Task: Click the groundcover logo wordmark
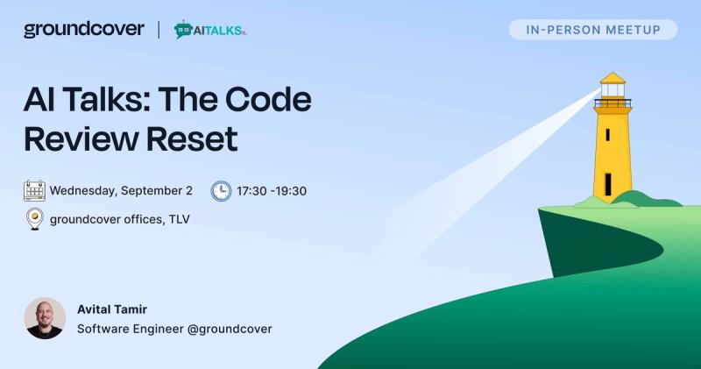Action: [x=84, y=30]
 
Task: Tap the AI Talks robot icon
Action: [x=183, y=30]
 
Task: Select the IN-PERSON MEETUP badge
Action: [x=593, y=30]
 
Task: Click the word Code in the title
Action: [x=268, y=99]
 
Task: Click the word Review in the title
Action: [x=81, y=138]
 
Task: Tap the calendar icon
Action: [x=34, y=190]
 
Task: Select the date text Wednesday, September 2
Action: [x=121, y=190]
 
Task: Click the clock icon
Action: [x=222, y=191]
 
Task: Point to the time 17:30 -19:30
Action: [x=272, y=191]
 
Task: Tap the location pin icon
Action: [x=35, y=219]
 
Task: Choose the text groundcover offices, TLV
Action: [x=120, y=219]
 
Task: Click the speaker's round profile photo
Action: [x=45, y=318]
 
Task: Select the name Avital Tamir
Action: [x=112, y=309]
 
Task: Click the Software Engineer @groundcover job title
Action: [x=174, y=329]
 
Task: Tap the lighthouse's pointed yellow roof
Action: [x=612, y=78]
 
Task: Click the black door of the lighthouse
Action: [x=608, y=184]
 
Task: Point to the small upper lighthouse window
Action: [x=607, y=135]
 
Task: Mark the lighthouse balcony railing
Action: [x=612, y=103]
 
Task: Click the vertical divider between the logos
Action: [x=159, y=30]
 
